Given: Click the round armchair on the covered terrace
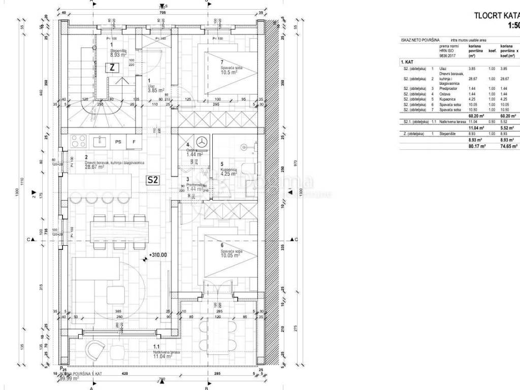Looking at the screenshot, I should [x=94, y=350].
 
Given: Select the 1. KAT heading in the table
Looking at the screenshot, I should [x=406, y=61].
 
